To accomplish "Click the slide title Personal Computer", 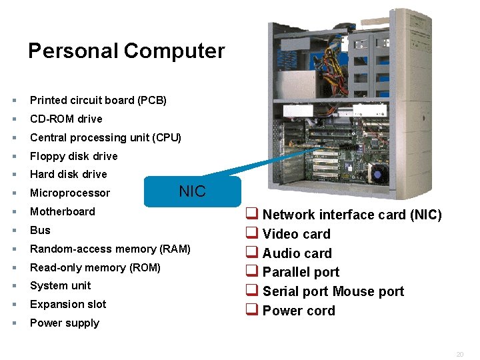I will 127,51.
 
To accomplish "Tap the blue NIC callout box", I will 193,192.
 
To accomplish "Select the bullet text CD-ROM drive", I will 66,119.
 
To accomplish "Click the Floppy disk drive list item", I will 73,156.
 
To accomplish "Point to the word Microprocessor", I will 70,193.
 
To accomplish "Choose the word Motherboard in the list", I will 63,211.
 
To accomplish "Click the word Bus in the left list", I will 40,230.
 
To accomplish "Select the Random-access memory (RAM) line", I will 110,249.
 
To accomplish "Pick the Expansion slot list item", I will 68,304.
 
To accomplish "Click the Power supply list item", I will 65,323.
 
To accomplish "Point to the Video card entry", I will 296,234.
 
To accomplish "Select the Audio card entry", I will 297,253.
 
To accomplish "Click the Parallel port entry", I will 301,272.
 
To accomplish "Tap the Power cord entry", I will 299,311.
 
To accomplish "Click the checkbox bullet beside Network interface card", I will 251,215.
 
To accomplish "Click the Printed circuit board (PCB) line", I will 98,101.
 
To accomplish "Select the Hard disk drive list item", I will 68,174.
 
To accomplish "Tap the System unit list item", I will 61,285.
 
